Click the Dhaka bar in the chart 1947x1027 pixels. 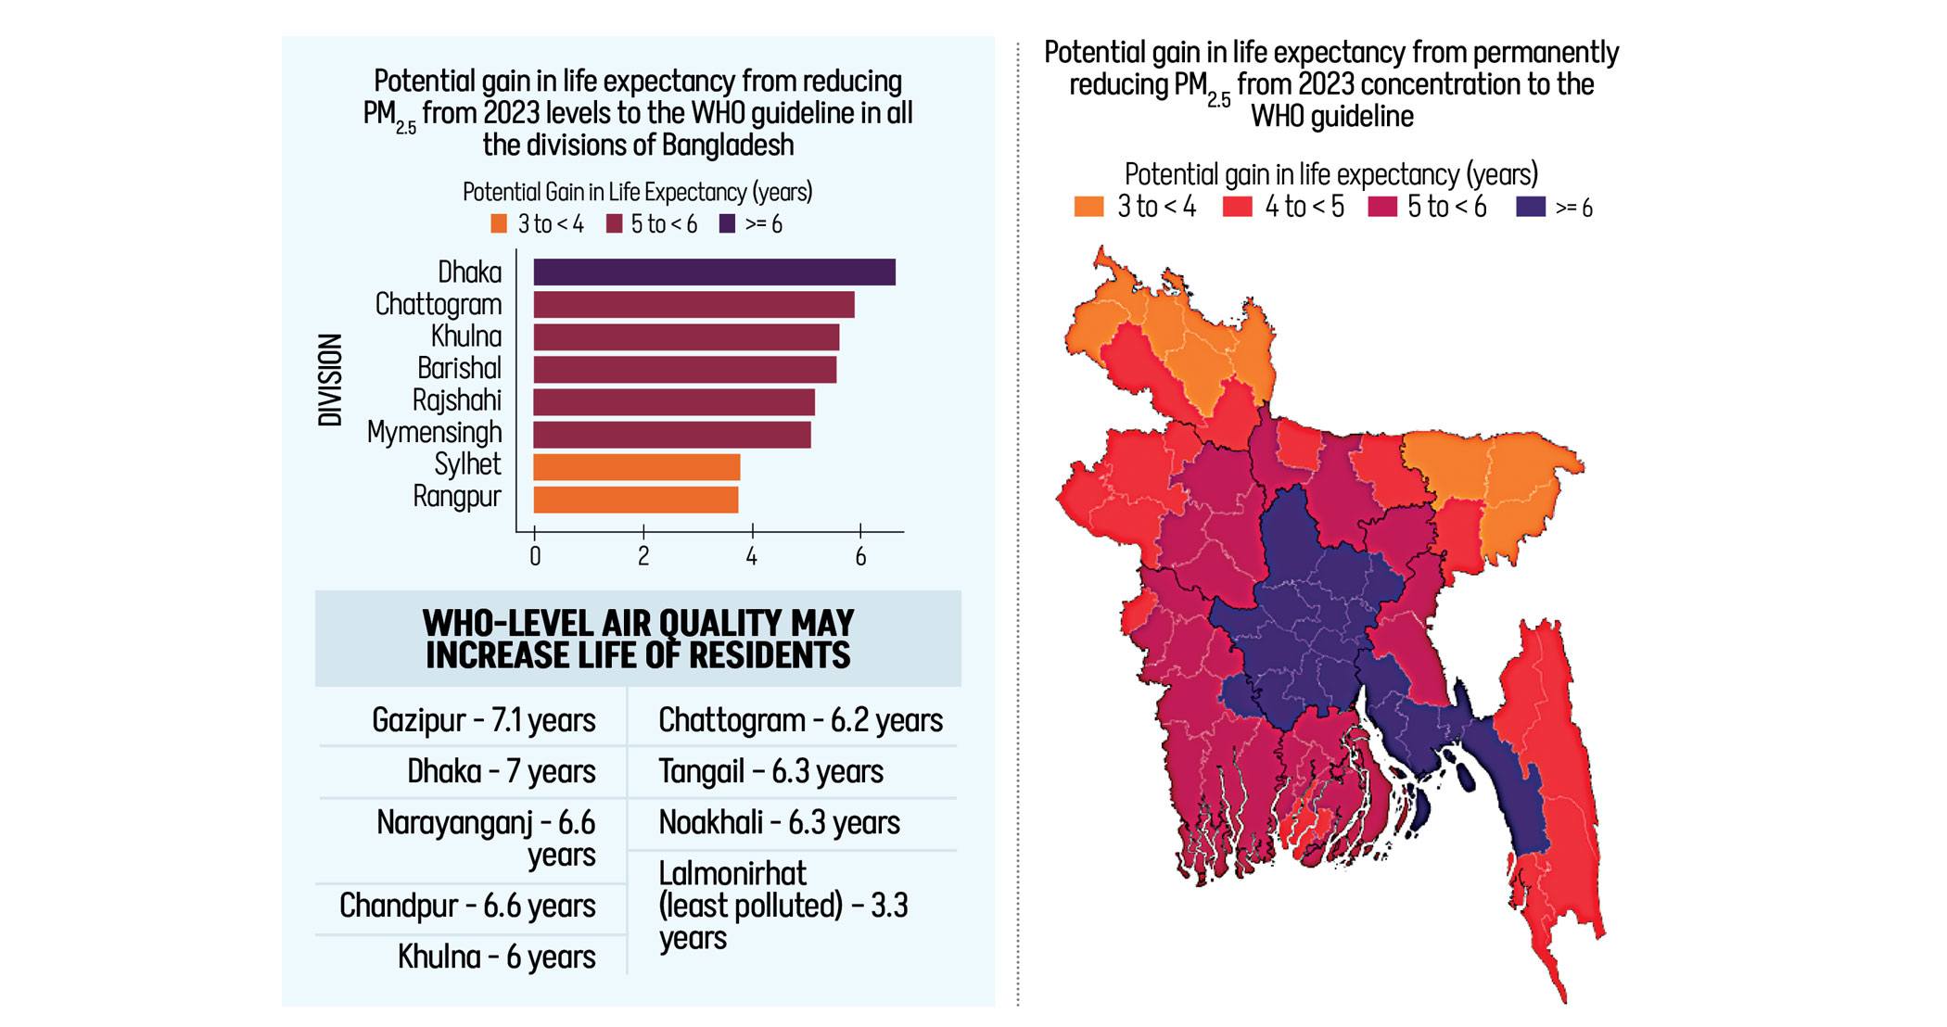point(714,272)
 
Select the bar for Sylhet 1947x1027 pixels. point(636,467)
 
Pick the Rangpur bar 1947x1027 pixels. point(635,500)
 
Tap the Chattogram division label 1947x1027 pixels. point(438,304)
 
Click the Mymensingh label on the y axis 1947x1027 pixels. point(434,432)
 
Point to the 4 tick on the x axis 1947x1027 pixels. point(752,555)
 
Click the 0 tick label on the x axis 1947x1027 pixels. point(535,556)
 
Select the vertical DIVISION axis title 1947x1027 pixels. point(330,380)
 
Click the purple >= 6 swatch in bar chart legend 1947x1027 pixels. point(727,223)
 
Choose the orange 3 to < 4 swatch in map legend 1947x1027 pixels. point(1088,207)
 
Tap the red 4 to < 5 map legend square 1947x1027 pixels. point(1237,207)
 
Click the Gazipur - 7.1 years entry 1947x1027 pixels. point(483,720)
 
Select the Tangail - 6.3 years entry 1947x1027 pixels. point(770,771)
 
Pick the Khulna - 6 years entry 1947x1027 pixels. point(496,957)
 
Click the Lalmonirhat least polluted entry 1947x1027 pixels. point(783,905)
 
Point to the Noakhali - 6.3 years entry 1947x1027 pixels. point(779,822)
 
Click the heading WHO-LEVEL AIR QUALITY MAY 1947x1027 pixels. point(638,622)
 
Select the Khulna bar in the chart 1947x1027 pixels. point(686,336)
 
